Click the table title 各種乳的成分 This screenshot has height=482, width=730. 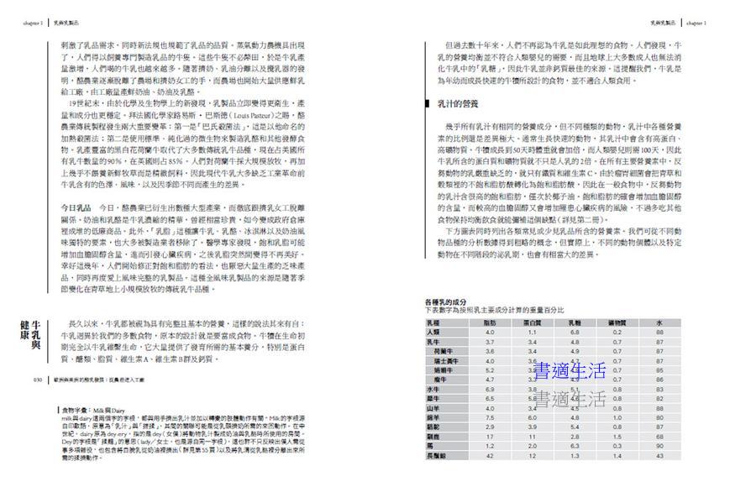click(x=446, y=301)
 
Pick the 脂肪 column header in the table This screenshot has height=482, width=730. click(x=490, y=322)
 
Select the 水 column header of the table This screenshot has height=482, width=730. click(x=660, y=322)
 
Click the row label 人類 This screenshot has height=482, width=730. click(x=433, y=333)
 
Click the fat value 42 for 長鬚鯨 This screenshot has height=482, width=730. click(x=490, y=455)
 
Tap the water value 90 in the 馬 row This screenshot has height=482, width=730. click(x=660, y=446)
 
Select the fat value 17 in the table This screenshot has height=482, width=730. click(x=490, y=437)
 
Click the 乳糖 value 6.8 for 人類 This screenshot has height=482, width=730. click(x=575, y=333)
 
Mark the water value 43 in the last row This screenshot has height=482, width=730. click(x=660, y=455)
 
